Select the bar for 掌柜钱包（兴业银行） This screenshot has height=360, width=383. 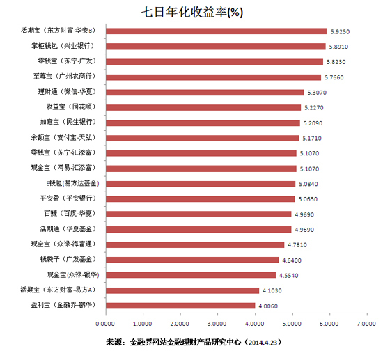(x=216, y=46)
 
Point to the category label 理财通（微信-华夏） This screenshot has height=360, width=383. (x=71, y=92)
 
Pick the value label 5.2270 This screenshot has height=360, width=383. (x=317, y=107)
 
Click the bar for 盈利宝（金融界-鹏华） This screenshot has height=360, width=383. (x=180, y=305)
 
